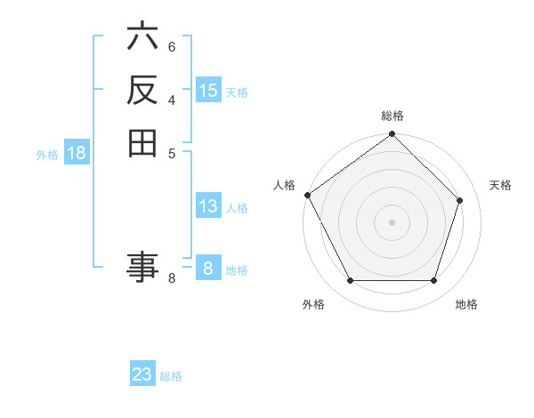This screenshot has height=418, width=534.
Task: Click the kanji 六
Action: coord(142,37)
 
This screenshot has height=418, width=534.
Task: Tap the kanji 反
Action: coord(142,90)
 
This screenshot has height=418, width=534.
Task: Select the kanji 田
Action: coord(142,142)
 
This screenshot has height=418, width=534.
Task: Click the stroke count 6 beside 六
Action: coord(172,46)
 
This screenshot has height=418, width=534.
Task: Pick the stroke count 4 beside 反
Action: coord(172,99)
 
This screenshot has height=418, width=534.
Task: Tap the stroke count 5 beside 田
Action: coord(172,152)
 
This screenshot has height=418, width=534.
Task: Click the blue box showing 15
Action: coord(208,91)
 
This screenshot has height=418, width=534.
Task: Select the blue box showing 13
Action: coord(208,206)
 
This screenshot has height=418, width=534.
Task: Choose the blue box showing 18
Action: coord(77,153)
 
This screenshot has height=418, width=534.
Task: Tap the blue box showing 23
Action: coord(142,374)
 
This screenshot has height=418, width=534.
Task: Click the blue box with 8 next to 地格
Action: coord(208,269)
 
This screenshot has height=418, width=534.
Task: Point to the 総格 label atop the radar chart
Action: coord(392,116)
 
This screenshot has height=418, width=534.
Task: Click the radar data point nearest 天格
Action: coord(460,200)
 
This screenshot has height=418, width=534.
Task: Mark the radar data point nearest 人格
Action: coord(307,195)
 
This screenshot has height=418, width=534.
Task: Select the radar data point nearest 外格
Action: coord(350,281)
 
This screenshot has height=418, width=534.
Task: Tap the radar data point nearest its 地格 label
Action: coord(434,281)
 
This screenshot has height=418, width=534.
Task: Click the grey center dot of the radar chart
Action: coord(392,222)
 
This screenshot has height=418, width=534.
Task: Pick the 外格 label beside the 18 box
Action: coord(47,155)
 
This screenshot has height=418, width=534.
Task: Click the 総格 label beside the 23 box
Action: coord(171,376)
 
